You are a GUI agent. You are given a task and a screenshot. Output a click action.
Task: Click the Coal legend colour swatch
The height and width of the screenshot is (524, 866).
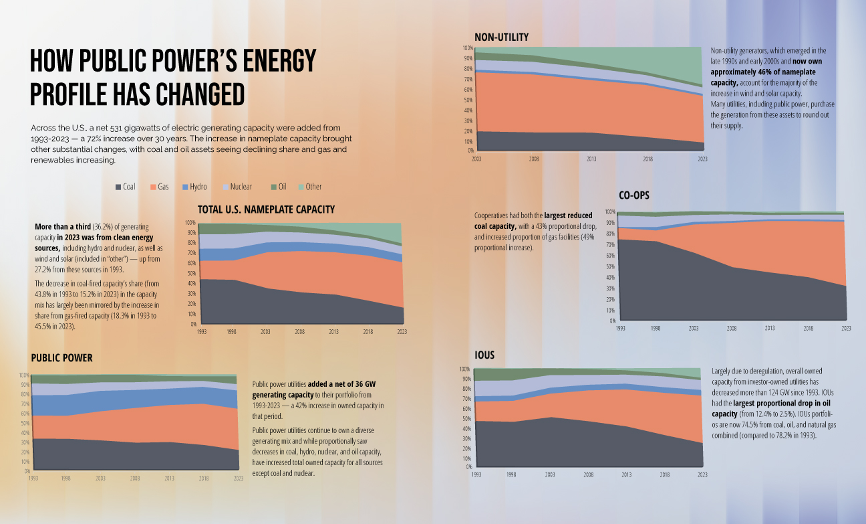(118, 187)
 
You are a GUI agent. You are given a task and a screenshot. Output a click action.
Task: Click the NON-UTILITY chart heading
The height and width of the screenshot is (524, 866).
(501, 36)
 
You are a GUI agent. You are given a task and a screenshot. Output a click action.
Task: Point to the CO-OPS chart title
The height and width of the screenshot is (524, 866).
(634, 195)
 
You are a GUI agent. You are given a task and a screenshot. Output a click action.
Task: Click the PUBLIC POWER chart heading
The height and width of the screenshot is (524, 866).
(61, 358)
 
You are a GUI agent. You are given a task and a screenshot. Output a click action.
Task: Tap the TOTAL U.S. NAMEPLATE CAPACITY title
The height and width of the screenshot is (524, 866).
(266, 209)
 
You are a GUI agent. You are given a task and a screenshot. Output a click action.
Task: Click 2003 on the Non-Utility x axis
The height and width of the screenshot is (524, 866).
(476, 159)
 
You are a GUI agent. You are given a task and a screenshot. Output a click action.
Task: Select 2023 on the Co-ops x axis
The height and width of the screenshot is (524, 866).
(845, 328)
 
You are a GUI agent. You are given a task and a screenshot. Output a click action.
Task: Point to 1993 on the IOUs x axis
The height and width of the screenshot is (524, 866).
(476, 474)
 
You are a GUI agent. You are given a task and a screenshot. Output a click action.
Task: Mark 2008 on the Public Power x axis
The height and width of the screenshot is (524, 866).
(136, 478)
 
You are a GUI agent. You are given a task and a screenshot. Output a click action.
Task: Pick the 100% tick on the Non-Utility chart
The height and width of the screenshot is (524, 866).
(468, 48)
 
